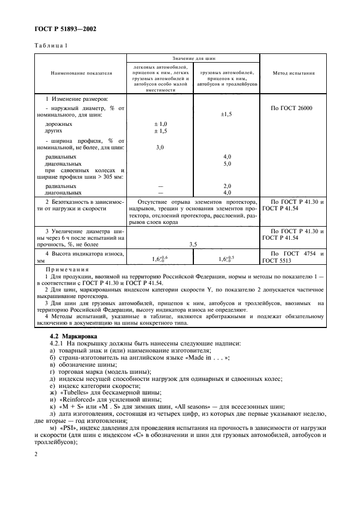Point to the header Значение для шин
pyautogui.click(x=193, y=57)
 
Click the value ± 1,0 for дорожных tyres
pyautogui.click(x=160, y=124)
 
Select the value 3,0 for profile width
pyautogui.click(x=160, y=147)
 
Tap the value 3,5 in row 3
pyautogui.click(x=193, y=245)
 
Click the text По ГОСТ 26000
pyautogui.click(x=291, y=108)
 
